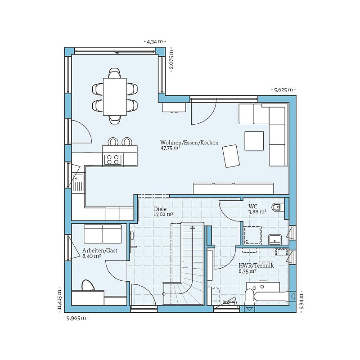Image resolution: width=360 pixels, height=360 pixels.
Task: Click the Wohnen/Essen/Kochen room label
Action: click(x=189, y=143)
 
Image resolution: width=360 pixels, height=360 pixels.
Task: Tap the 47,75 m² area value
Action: click(x=170, y=148)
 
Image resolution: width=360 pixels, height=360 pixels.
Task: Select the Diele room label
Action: click(x=160, y=209)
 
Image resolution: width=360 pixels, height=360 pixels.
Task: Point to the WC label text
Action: click(x=253, y=206)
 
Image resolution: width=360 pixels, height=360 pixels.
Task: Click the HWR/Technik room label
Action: click(x=256, y=265)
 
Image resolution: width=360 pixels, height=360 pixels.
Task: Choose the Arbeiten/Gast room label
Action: click(x=99, y=251)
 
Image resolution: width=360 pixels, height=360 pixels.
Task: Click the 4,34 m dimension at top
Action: click(x=155, y=42)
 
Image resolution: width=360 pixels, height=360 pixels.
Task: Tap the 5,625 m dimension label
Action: click(x=283, y=90)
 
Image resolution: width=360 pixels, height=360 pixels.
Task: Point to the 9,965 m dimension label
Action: click(x=76, y=318)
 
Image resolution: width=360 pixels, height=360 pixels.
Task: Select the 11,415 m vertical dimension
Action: click(x=60, y=299)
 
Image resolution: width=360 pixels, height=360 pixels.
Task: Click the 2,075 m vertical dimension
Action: click(x=171, y=61)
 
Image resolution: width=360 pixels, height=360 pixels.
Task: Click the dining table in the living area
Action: click(x=115, y=97)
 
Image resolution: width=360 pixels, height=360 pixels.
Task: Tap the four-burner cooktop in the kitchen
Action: click(x=112, y=159)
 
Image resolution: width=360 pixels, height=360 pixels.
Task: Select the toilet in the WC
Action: click(x=278, y=207)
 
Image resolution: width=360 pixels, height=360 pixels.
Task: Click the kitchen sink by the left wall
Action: click(x=78, y=183)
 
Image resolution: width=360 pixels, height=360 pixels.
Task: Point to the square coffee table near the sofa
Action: click(x=254, y=141)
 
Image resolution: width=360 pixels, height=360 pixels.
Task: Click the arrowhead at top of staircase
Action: click(x=193, y=227)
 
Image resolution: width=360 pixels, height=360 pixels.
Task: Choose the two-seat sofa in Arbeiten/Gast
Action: click(x=103, y=234)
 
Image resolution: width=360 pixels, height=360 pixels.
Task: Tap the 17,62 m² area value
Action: click(x=164, y=214)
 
